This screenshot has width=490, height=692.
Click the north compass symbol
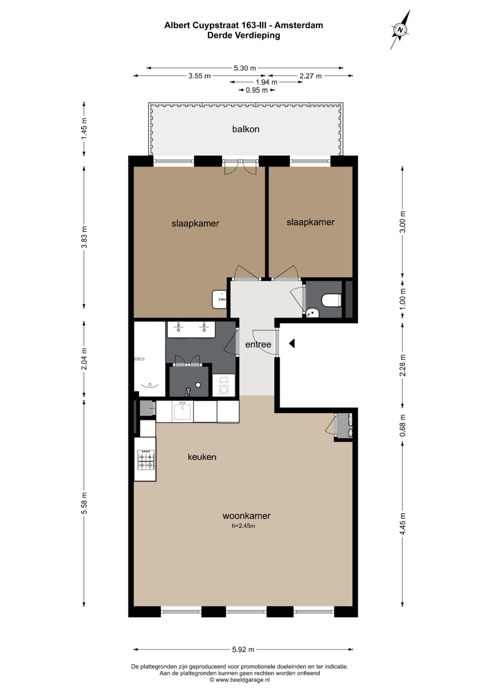400,30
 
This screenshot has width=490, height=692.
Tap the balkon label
245,129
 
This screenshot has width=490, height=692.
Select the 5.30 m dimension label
245,68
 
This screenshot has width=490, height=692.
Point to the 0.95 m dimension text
257,90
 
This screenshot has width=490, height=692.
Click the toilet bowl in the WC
331,300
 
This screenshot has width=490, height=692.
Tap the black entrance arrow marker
292,343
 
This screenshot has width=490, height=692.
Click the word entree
258,344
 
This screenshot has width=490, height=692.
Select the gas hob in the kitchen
146,460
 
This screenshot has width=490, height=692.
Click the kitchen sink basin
182,411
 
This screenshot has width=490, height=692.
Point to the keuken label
202,457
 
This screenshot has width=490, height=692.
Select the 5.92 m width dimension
243,649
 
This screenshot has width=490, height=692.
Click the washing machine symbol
224,386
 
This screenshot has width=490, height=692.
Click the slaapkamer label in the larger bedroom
195,223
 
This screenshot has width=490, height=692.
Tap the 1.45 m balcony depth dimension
84,129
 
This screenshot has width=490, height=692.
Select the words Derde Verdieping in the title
244,35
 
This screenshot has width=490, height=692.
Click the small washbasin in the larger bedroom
219,300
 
